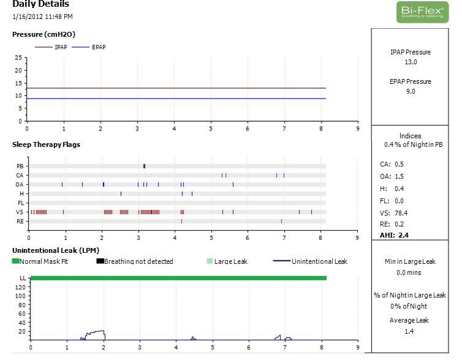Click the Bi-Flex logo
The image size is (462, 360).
pyautogui.click(x=422, y=12)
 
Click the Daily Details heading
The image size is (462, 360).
pyautogui.click(x=40, y=4)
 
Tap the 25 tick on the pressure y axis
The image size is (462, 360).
pyautogui.click(x=19, y=58)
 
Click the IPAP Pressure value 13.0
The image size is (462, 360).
pyautogui.click(x=411, y=62)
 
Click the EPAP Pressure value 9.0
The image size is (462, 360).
pyautogui.click(x=411, y=91)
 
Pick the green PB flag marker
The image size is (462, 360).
pyautogui.click(x=144, y=166)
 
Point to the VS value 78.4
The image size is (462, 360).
pyautogui.click(x=401, y=213)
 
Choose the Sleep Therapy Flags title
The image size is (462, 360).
pyautogui.click(x=46, y=144)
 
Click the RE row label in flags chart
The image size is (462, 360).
pyautogui.click(x=20, y=221)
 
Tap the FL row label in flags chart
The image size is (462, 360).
pyautogui.click(x=20, y=203)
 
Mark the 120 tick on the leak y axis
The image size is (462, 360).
pyautogui.click(x=20, y=287)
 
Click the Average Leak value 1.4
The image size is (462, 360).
pyautogui.click(x=409, y=331)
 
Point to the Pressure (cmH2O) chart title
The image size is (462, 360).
pyautogui.click(x=44, y=34)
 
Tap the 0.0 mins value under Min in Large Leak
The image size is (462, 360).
pyautogui.click(x=410, y=272)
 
